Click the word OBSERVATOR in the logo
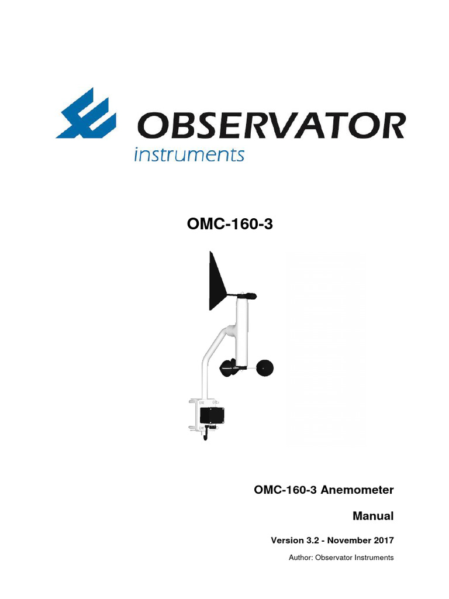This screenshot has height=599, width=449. (x=271, y=126)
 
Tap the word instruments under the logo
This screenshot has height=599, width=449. (x=189, y=155)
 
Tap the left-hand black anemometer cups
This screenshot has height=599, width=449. (x=229, y=367)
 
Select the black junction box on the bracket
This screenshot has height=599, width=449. (x=212, y=415)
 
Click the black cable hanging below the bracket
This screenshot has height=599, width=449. (x=205, y=435)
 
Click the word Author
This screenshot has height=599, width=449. (x=301, y=557)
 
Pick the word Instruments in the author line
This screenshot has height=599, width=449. (x=372, y=557)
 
